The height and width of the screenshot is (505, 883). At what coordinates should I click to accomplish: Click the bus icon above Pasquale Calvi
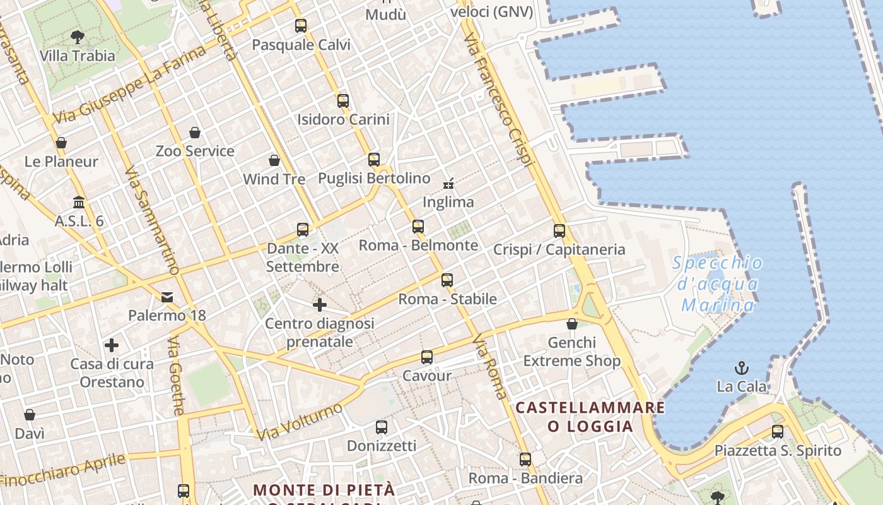tap(301, 26)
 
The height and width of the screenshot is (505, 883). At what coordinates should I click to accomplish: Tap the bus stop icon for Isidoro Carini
tap(343, 100)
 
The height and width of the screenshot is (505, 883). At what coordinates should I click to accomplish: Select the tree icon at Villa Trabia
tap(78, 37)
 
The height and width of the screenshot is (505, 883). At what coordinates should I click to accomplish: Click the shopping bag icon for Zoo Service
tap(195, 133)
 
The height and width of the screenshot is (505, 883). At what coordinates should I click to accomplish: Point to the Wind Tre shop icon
tap(274, 160)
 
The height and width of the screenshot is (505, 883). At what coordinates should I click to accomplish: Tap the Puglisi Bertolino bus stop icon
tap(374, 159)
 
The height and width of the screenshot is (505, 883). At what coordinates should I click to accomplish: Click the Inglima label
tap(448, 202)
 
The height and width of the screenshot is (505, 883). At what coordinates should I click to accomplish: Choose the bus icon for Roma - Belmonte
tap(418, 227)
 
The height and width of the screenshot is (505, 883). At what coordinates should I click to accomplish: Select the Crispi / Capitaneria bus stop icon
tap(559, 231)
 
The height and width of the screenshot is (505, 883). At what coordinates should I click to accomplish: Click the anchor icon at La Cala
tap(742, 367)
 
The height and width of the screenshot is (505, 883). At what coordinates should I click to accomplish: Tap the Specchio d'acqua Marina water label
tap(718, 284)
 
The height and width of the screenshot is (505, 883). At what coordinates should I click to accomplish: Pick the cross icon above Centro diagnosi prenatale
tap(320, 305)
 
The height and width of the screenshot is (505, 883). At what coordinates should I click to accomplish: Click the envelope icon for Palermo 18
tap(167, 297)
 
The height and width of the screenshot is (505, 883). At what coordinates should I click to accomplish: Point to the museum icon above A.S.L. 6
tap(79, 203)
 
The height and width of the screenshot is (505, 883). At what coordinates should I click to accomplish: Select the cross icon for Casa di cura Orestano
tap(112, 345)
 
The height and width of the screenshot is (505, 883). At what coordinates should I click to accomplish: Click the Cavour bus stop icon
tap(427, 357)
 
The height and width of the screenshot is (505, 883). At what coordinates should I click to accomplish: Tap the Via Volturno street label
tap(300, 420)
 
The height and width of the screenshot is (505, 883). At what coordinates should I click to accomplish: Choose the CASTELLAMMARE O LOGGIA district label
tap(590, 417)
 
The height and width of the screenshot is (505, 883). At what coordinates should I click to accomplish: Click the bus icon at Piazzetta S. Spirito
tap(778, 432)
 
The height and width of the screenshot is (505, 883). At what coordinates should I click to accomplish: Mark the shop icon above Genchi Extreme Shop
tap(572, 324)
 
